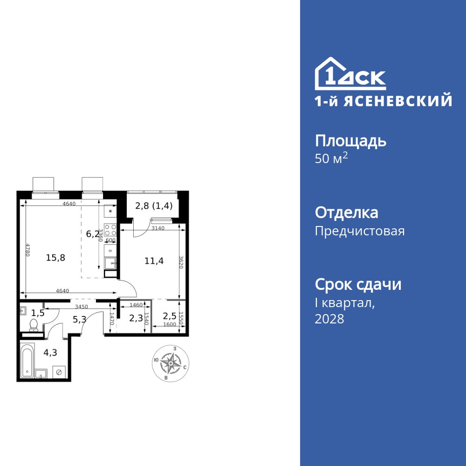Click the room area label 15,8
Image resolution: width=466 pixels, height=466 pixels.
pyautogui.click(x=55, y=257)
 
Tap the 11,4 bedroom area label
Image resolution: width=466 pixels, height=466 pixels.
pyautogui.click(x=154, y=261)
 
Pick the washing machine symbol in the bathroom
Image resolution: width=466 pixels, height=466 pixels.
pyautogui.click(x=59, y=372)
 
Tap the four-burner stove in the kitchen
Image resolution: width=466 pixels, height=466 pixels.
pyautogui.click(x=110, y=230)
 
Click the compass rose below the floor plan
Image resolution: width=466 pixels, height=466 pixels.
pyautogui.click(x=171, y=363)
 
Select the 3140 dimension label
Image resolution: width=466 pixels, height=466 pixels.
pyautogui.click(x=159, y=228)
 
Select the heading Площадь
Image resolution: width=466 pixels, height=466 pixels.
pyautogui.click(x=350, y=141)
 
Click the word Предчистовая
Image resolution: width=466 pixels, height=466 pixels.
pyautogui.click(x=360, y=231)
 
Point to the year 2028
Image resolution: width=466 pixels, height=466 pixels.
pyautogui.click(x=329, y=319)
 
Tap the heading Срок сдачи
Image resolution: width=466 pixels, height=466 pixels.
pyautogui.click(x=358, y=284)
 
